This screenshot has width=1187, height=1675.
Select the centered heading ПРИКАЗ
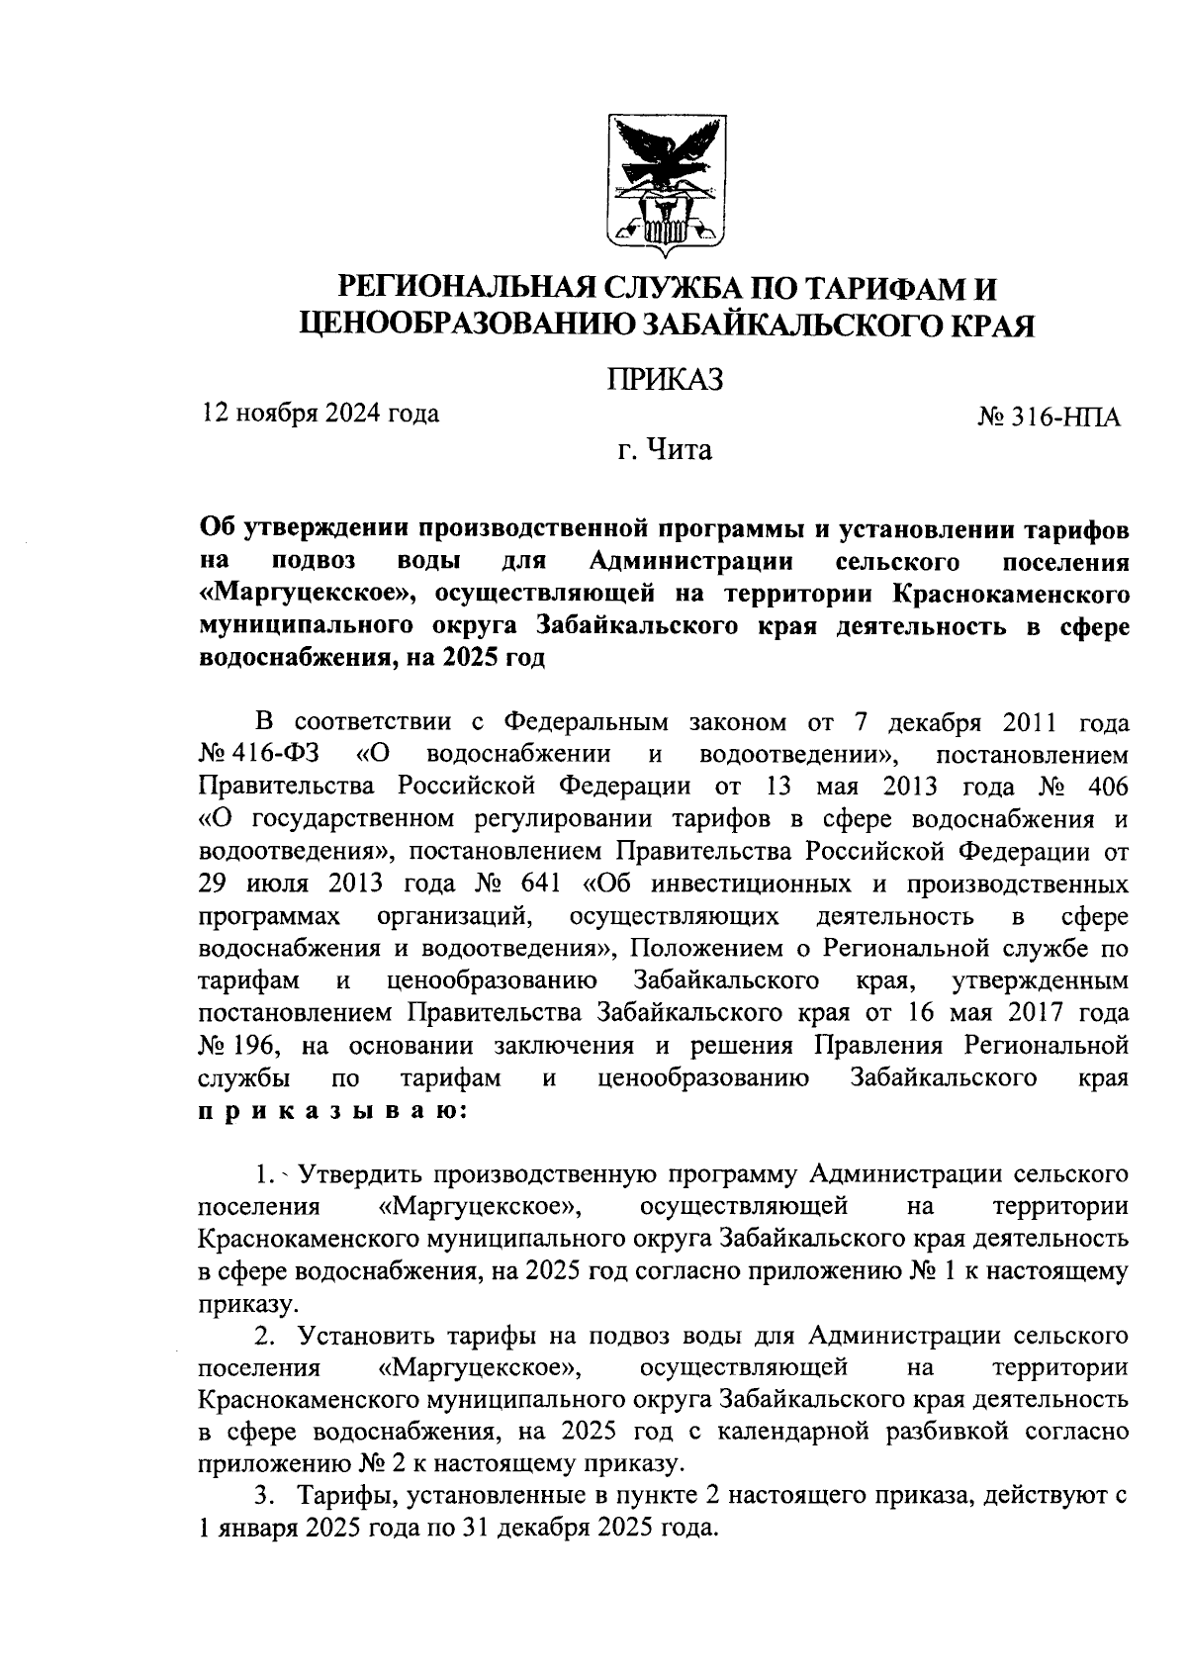tap(665, 379)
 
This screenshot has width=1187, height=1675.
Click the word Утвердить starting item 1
tap(362, 1175)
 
